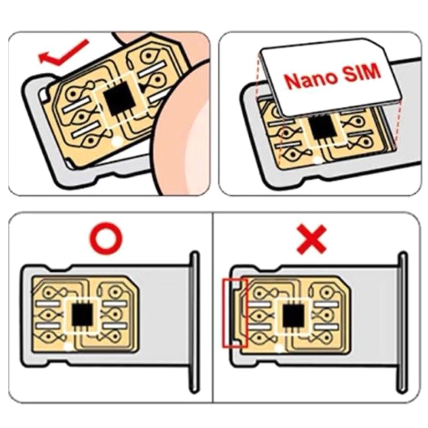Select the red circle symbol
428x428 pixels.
(106, 238)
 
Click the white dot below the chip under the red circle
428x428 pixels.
(68, 347)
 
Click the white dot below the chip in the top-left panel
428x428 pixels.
(117, 141)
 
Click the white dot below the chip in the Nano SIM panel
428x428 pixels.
(317, 160)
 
